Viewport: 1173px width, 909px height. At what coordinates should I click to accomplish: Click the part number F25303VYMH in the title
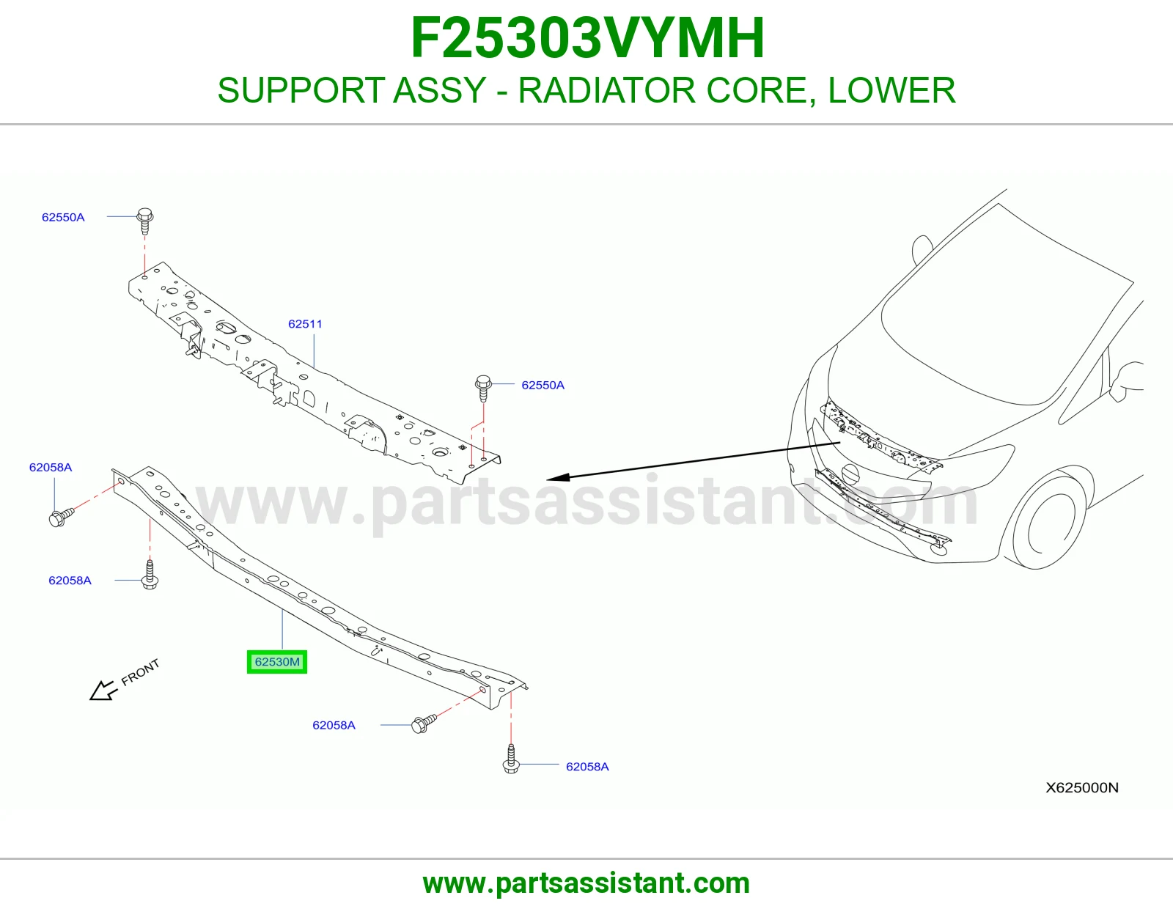[x=587, y=38]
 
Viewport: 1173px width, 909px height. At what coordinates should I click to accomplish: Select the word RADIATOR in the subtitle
[x=606, y=90]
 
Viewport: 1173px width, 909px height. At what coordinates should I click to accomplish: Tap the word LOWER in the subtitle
[x=891, y=90]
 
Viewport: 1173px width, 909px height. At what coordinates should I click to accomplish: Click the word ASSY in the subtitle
[x=439, y=90]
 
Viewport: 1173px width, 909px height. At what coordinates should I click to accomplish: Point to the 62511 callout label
[x=305, y=324]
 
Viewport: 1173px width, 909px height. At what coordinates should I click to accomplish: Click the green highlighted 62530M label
[x=277, y=662]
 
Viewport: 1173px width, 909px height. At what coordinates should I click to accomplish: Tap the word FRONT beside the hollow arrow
[x=140, y=672]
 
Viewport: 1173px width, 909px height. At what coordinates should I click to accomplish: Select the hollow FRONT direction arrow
[x=103, y=691]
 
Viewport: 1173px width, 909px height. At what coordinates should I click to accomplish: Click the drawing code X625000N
[x=1082, y=787]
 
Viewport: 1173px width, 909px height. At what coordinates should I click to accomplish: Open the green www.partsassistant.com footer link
[x=586, y=883]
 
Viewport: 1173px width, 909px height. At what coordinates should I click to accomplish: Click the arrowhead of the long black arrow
[x=558, y=478]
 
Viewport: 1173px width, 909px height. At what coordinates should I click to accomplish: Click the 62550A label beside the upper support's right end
[x=543, y=385]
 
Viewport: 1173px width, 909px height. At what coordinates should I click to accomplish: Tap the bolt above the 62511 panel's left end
[x=144, y=221]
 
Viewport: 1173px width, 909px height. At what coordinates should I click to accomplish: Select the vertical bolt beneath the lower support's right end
[x=511, y=759]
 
